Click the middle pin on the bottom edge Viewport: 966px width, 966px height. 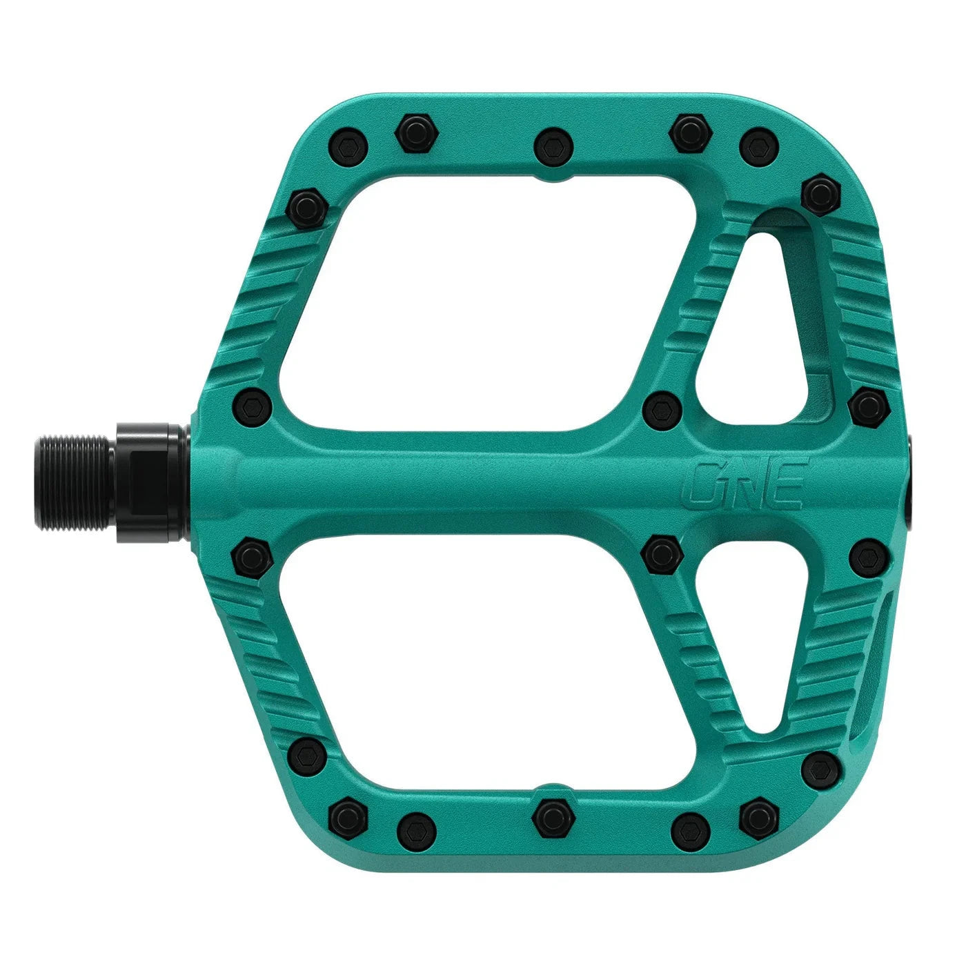[551, 817]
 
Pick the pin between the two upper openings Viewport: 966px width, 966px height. [662, 411]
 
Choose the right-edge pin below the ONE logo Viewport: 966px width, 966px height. [867, 558]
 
